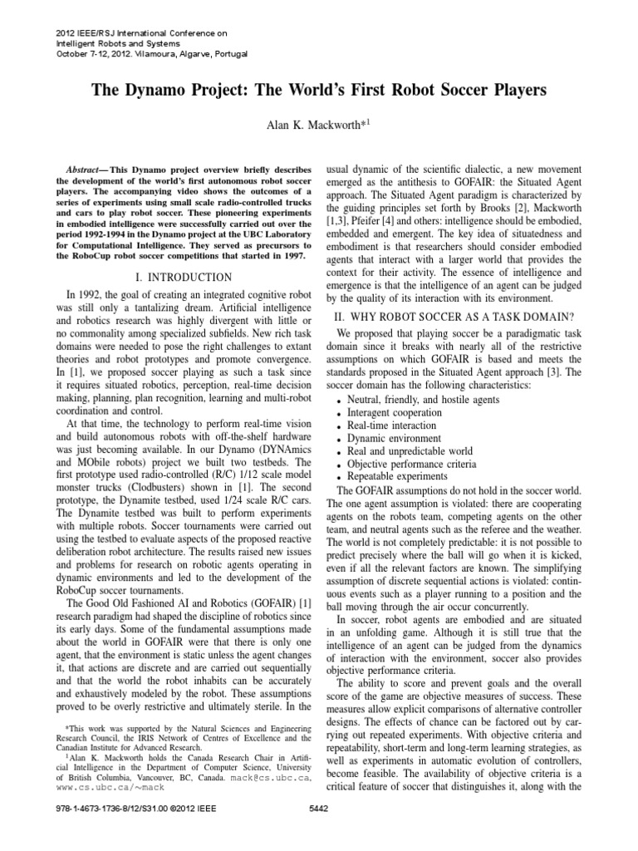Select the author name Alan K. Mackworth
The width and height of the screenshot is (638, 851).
[315, 124]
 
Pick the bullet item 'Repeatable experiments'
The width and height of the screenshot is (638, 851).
[401, 477]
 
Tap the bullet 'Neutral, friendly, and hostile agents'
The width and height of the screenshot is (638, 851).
[429, 397]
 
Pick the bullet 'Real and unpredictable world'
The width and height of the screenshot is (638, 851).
[414, 450]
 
